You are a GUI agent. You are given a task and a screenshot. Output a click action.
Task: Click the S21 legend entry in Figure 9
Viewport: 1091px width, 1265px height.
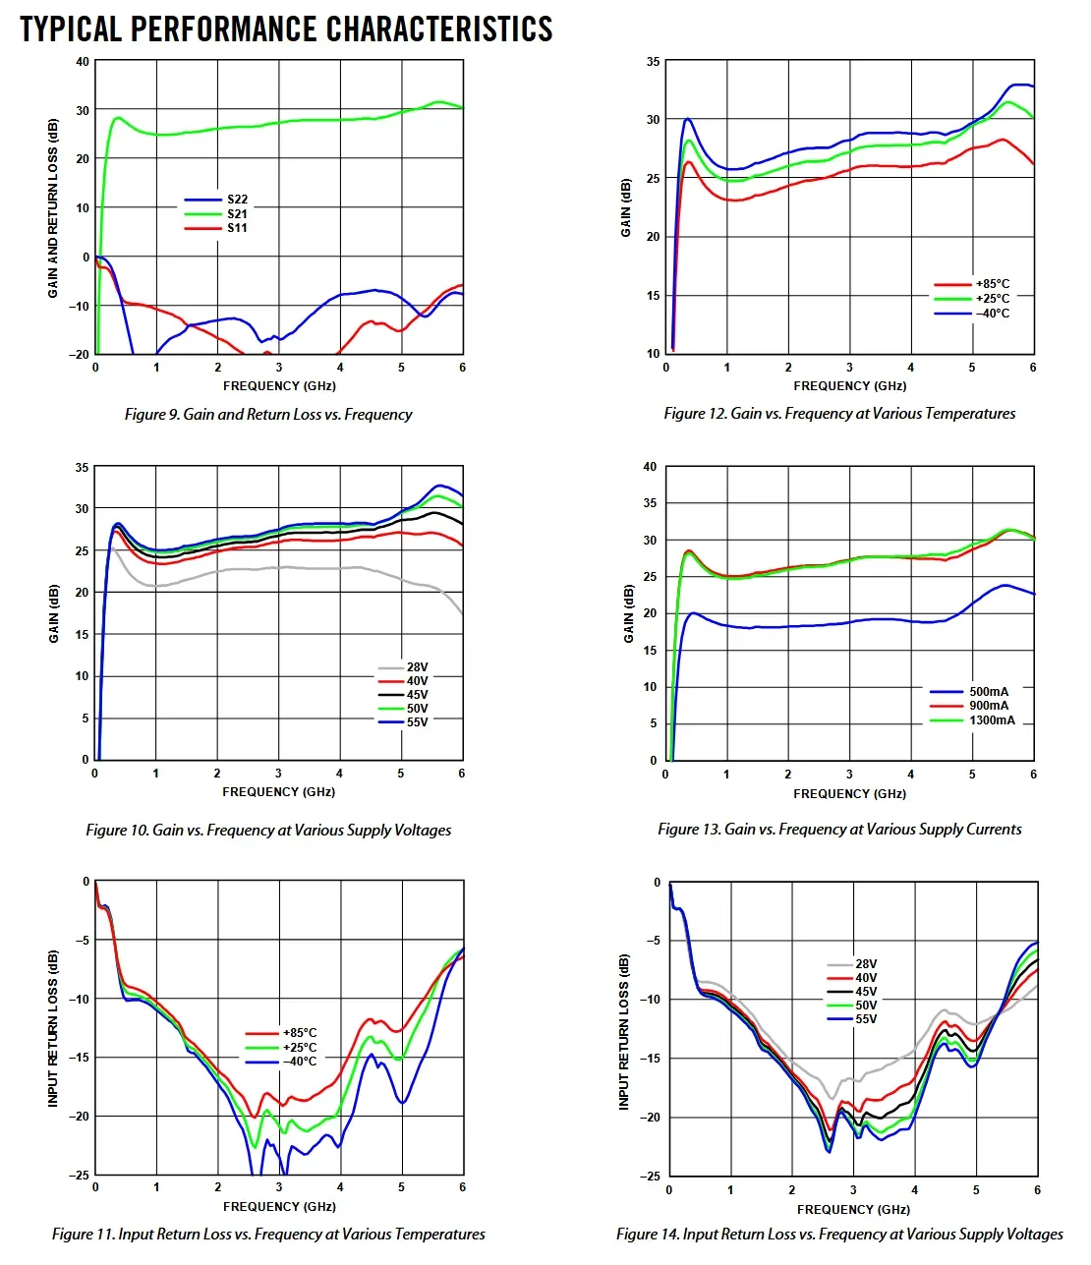pyautogui.click(x=237, y=213)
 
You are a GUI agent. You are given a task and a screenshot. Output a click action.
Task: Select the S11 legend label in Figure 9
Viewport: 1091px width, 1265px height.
pyautogui.click(x=237, y=228)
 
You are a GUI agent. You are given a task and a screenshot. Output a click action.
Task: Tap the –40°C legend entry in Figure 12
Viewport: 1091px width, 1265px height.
pyautogui.click(x=993, y=314)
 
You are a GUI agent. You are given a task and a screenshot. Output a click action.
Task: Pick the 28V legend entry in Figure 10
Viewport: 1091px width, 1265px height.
pyautogui.click(x=417, y=667)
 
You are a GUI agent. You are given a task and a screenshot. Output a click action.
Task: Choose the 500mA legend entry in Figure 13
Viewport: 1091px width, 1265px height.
pyautogui.click(x=989, y=692)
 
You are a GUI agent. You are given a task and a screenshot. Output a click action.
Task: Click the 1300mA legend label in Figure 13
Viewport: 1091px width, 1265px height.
pyautogui.click(x=992, y=720)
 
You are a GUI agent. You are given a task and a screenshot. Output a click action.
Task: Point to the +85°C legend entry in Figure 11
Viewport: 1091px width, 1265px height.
pyautogui.click(x=300, y=1033)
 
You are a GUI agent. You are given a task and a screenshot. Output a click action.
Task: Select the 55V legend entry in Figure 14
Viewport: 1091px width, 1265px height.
pyautogui.click(x=866, y=1019)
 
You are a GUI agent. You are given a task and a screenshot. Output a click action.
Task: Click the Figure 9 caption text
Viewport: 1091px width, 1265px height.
pyautogui.click(x=268, y=415)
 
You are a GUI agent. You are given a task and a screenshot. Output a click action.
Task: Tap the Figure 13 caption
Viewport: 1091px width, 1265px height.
pyautogui.click(x=839, y=830)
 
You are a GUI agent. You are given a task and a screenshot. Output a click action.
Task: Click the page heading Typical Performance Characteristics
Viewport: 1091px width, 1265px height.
pyautogui.click(x=286, y=29)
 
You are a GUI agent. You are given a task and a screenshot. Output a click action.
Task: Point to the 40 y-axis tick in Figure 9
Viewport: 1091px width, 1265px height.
pyautogui.click(x=83, y=62)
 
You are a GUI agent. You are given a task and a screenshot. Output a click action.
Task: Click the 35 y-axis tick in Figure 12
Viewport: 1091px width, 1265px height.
pyautogui.click(x=654, y=62)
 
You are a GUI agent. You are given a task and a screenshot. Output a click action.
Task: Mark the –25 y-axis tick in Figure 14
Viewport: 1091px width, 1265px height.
pyautogui.click(x=650, y=1176)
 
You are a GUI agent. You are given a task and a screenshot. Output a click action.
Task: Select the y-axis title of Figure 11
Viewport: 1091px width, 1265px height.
pyautogui.click(x=53, y=1028)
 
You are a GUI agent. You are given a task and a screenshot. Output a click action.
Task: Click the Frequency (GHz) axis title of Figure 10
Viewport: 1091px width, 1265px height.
pyautogui.click(x=278, y=792)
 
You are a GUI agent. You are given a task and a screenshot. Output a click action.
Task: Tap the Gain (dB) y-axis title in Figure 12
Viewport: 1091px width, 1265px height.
pyautogui.click(x=626, y=207)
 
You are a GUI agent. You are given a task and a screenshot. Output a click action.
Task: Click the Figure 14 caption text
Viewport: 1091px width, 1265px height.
pyautogui.click(x=839, y=1235)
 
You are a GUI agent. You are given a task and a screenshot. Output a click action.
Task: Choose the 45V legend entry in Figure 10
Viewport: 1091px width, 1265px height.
pyautogui.click(x=417, y=695)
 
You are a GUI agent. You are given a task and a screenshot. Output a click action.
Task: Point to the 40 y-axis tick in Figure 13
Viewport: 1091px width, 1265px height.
pyautogui.click(x=650, y=467)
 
